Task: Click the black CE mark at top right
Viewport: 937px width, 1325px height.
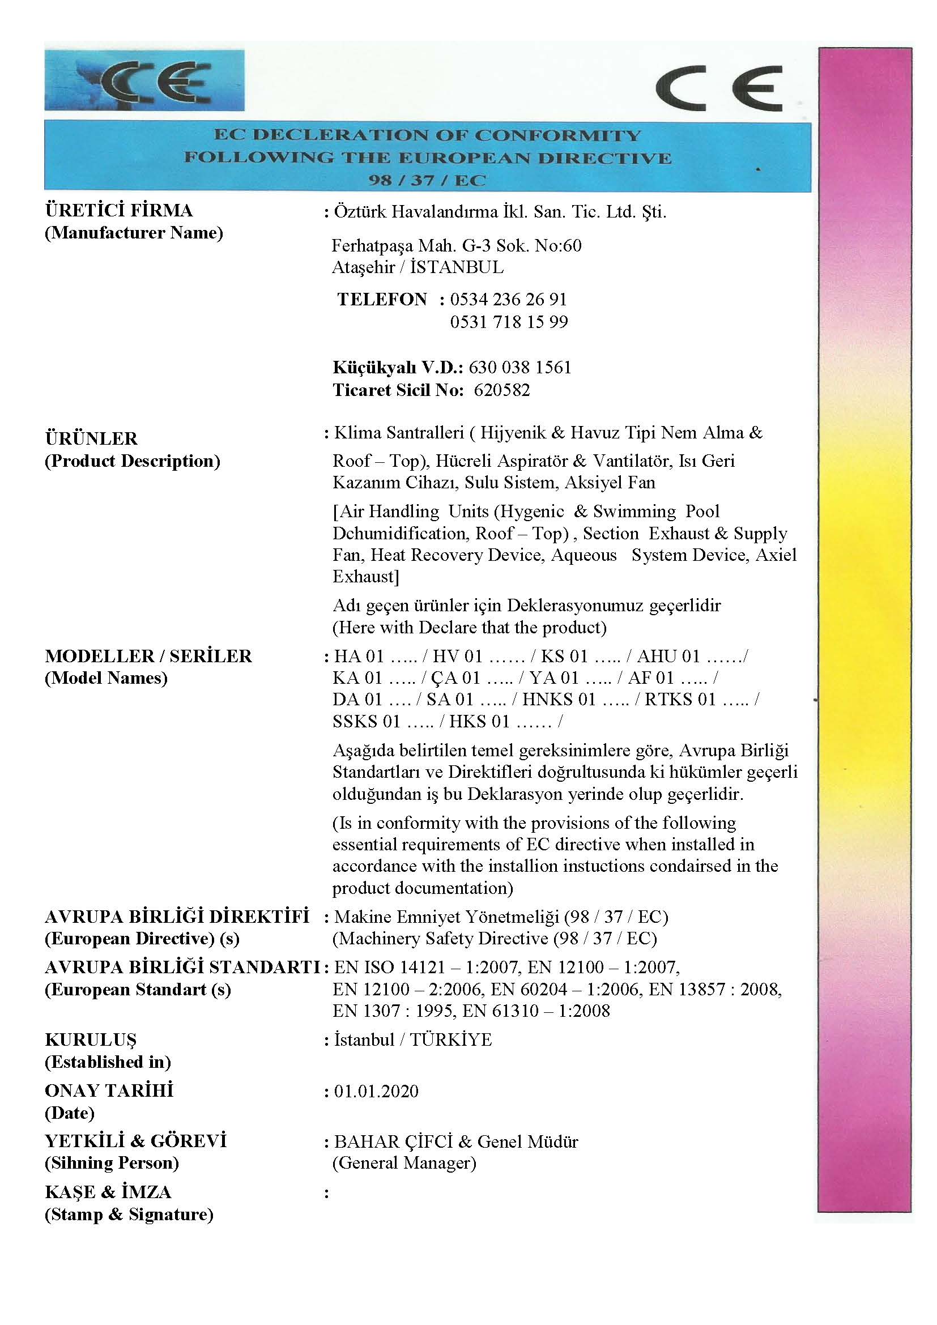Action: click(x=719, y=88)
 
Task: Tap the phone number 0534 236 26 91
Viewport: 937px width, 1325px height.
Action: click(x=508, y=300)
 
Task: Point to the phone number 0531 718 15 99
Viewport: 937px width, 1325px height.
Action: click(x=509, y=322)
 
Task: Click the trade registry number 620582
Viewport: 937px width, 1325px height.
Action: click(x=501, y=391)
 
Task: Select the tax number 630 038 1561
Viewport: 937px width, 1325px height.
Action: click(x=519, y=368)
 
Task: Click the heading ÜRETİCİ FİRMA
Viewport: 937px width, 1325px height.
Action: click(x=119, y=211)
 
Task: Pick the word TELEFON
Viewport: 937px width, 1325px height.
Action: click(x=382, y=300)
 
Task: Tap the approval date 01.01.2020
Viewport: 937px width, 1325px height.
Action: click(x=376, y=1091)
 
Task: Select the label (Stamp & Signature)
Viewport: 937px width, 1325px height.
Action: click(x=129, y=1215)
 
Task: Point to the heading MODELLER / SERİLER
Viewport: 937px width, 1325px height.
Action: click(x=148, y=656)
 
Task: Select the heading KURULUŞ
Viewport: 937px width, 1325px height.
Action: click(x=91, y=1040)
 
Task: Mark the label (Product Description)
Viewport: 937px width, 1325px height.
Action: click(x=132, y=461)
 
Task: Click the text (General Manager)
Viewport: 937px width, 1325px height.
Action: click(x=404, y=1163)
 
